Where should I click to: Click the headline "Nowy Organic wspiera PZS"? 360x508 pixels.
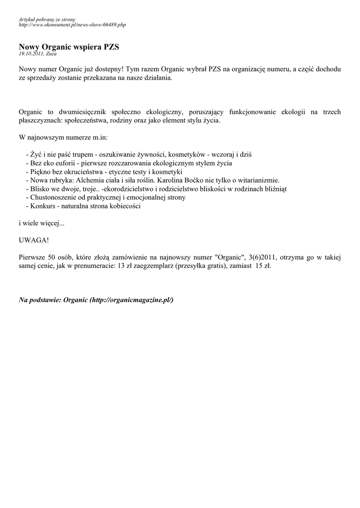coord(69,47)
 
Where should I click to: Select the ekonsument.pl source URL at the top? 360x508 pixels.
coord(72,24)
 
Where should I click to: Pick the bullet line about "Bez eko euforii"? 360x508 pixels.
coord(129,163)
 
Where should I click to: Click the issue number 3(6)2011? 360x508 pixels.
coord(262,257)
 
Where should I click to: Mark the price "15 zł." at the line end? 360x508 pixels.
coord(264,265)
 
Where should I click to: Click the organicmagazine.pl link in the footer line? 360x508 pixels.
coord(131,301)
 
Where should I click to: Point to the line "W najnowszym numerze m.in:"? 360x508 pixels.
coord(63,137)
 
